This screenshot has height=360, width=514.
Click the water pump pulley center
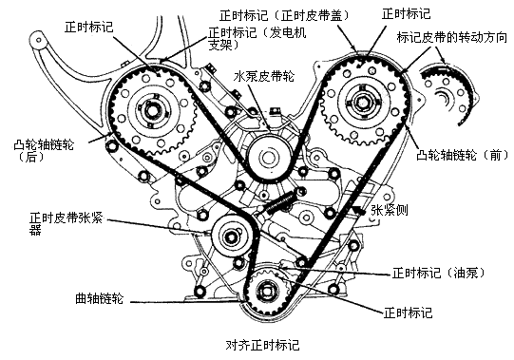[x=269, y=158]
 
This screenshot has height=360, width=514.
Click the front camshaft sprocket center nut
[x=362, y=103]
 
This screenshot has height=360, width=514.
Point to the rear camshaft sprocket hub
[x=153, y=111]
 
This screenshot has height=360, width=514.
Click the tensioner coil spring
[x=280, y=203]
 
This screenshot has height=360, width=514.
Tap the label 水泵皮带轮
[x=264, y=77]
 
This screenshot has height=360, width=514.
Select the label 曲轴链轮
[x=99, y=298]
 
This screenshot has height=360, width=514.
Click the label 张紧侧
[x=390, y=210]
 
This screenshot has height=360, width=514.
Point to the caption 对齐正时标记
[x=262, y=346]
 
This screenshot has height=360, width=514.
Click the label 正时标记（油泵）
[x=438, y=273]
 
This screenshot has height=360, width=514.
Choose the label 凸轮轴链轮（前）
[x=462, y=155]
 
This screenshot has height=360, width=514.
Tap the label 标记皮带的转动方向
[x=451, y=37]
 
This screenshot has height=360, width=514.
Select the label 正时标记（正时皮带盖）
[x=284, y=15]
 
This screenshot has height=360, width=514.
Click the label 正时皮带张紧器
[x=66, y=223]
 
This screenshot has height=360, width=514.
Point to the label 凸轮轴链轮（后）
[x=44, y=151]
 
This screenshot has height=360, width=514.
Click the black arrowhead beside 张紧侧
[x=360, y=210]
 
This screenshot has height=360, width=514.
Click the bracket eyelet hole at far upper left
[x=39, y=41]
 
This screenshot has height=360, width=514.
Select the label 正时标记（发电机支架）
[x=257, y=38]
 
